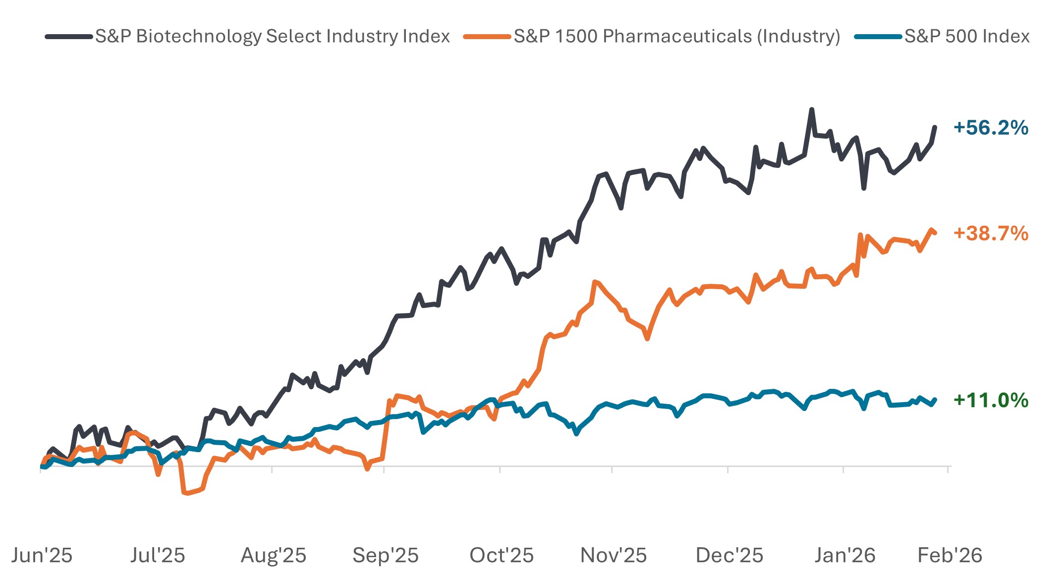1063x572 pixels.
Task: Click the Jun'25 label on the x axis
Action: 42,555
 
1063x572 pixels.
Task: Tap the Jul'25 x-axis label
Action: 158,555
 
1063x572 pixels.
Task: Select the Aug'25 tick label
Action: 274,555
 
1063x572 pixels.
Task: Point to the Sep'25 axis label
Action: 386,555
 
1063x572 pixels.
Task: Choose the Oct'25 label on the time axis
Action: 502,555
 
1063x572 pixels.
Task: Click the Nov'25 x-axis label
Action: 614,555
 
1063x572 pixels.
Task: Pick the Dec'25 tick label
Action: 729,555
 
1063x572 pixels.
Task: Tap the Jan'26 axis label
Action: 845,555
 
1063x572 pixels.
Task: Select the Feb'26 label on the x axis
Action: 950,555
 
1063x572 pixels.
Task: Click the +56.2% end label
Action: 991,128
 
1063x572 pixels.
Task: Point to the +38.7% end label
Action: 991,233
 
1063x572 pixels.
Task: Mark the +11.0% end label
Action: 991,400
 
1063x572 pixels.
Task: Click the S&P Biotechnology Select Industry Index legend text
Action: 273,36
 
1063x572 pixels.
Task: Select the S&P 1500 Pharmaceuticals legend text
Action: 677,36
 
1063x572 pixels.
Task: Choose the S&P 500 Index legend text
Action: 967,36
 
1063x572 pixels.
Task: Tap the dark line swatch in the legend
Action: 69,37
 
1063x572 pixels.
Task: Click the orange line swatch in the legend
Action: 487,37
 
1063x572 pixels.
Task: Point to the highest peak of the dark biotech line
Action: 811,109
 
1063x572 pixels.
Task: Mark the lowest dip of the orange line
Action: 186,493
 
